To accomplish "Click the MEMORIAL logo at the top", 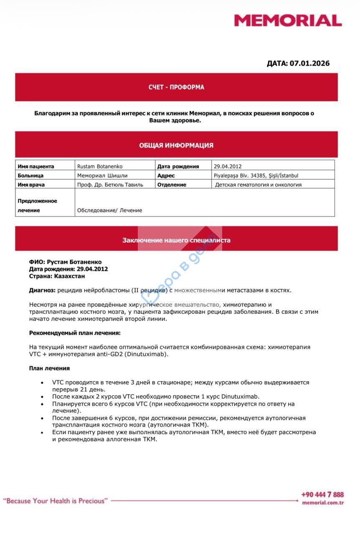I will tap(287, 20).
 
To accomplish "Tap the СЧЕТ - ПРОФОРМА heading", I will tap(176, 87).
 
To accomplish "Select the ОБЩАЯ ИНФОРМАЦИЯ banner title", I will tap(176, 145).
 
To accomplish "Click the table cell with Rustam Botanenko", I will tap(100, 166).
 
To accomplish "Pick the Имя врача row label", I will tap(31, 185).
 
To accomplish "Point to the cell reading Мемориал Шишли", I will tap(102, 176).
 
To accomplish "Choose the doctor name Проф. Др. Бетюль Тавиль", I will tap(110, 185).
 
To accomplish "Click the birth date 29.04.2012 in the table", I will tap(228, 166).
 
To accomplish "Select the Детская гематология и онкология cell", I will tap(258, 185).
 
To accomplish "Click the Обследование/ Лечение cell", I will tap(109, 210).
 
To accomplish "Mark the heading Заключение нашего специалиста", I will tap(176, 240).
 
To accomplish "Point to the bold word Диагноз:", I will tap(42, 290).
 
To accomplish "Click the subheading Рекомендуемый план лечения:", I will tap(75, 333).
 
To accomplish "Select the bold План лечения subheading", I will tap(49, 368).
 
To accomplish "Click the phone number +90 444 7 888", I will tap(322, 494).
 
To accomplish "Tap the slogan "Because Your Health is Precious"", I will tap(56, 501).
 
